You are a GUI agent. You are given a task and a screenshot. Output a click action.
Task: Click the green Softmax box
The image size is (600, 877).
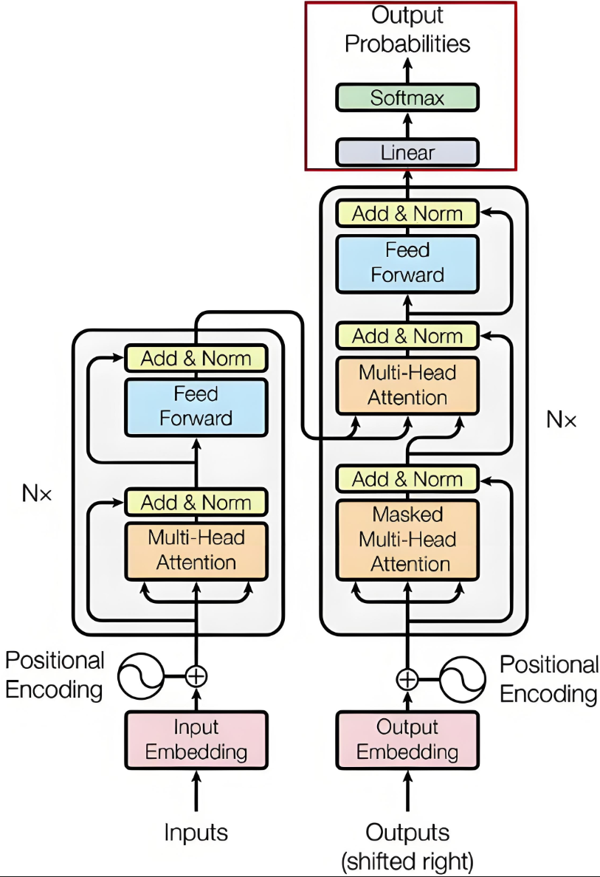407,98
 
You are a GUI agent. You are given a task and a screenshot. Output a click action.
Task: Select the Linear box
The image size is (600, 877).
407,152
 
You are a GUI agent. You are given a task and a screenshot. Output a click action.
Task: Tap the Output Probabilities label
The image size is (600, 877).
407,29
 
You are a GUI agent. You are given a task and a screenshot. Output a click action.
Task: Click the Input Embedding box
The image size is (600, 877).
196,740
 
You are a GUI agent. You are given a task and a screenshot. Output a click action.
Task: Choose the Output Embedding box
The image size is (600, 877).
407,740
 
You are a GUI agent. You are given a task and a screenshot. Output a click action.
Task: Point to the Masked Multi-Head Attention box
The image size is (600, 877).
407,540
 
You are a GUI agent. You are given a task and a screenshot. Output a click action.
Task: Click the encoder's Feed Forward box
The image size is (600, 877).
196,407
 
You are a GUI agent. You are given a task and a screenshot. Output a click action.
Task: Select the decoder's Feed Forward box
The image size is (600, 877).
407,264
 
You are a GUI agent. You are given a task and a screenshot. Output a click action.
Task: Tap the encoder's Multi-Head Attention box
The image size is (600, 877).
196,551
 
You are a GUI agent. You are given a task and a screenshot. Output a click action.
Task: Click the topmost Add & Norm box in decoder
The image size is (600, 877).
407,213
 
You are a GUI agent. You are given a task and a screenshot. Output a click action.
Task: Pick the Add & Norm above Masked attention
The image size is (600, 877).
407,479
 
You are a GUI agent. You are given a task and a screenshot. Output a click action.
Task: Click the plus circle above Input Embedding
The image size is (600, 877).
196,676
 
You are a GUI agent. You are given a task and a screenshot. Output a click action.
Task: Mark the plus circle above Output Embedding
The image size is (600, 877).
407,680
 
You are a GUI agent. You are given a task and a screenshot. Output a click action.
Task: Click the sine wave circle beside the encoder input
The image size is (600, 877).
141,676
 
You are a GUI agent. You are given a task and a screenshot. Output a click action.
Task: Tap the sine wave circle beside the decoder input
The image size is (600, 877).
463,680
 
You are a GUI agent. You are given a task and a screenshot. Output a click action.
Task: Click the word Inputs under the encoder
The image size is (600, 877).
196,833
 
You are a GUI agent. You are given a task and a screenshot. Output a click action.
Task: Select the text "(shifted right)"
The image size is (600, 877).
407,862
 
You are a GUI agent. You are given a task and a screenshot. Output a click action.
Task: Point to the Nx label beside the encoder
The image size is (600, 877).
37,493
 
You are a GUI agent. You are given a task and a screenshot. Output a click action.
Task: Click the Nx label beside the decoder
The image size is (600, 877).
561,419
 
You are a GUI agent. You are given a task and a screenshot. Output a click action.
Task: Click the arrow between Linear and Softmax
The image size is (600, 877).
407,125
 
